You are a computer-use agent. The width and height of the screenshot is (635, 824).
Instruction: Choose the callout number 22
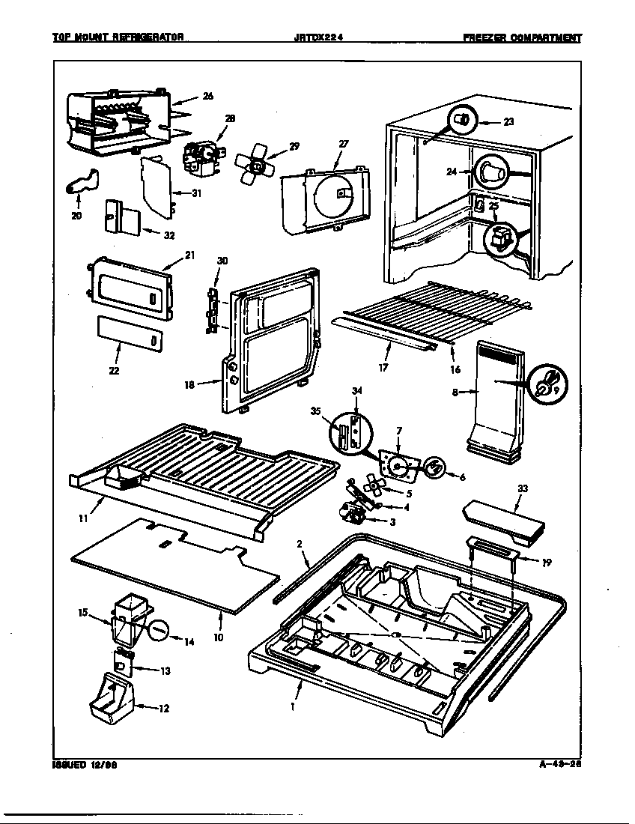(115, 369)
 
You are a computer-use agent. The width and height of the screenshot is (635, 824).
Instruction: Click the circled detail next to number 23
(463, 119)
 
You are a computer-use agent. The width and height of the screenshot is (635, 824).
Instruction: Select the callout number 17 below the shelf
(383, 369)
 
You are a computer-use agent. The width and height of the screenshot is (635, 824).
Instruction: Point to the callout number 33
(523, 488)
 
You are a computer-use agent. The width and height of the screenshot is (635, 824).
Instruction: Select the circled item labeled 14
(160, 630)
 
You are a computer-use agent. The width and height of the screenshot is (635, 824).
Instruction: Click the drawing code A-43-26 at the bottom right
(559, 765)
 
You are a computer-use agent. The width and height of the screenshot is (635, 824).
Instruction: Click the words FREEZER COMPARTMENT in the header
(522, 37)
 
